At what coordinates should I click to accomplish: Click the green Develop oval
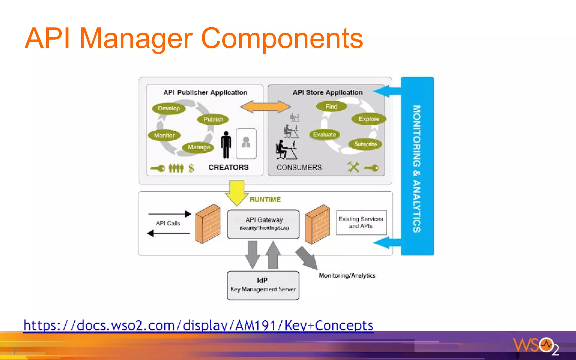tap(169, 108)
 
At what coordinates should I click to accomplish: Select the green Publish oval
tap(213, 119)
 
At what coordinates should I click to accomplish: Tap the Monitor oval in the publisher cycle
tap(164, 135)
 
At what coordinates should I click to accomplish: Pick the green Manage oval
tap(199, 147)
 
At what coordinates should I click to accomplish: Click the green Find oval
tap(331, 107)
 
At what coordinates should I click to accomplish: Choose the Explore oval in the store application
tap(369, 119)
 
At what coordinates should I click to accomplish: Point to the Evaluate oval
tap(325, 134)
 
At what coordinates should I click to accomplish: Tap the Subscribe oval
tap(365, 144)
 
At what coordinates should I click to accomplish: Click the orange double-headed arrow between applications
tap(265, 107)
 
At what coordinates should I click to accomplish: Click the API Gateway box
tap(264, 224)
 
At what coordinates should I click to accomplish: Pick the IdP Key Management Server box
tap(263, 285)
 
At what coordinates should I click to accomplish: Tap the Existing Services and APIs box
tap(361, 222)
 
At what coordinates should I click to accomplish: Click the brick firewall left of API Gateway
tap(208, 224)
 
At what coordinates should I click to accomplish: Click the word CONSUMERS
tap(299, 167)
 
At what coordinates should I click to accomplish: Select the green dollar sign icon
tap(191, 168)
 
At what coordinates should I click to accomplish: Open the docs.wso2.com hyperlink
tap(198, 326)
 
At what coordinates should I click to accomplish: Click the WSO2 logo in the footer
tap(536, 345)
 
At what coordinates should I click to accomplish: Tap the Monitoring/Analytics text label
tap(347, 275)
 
